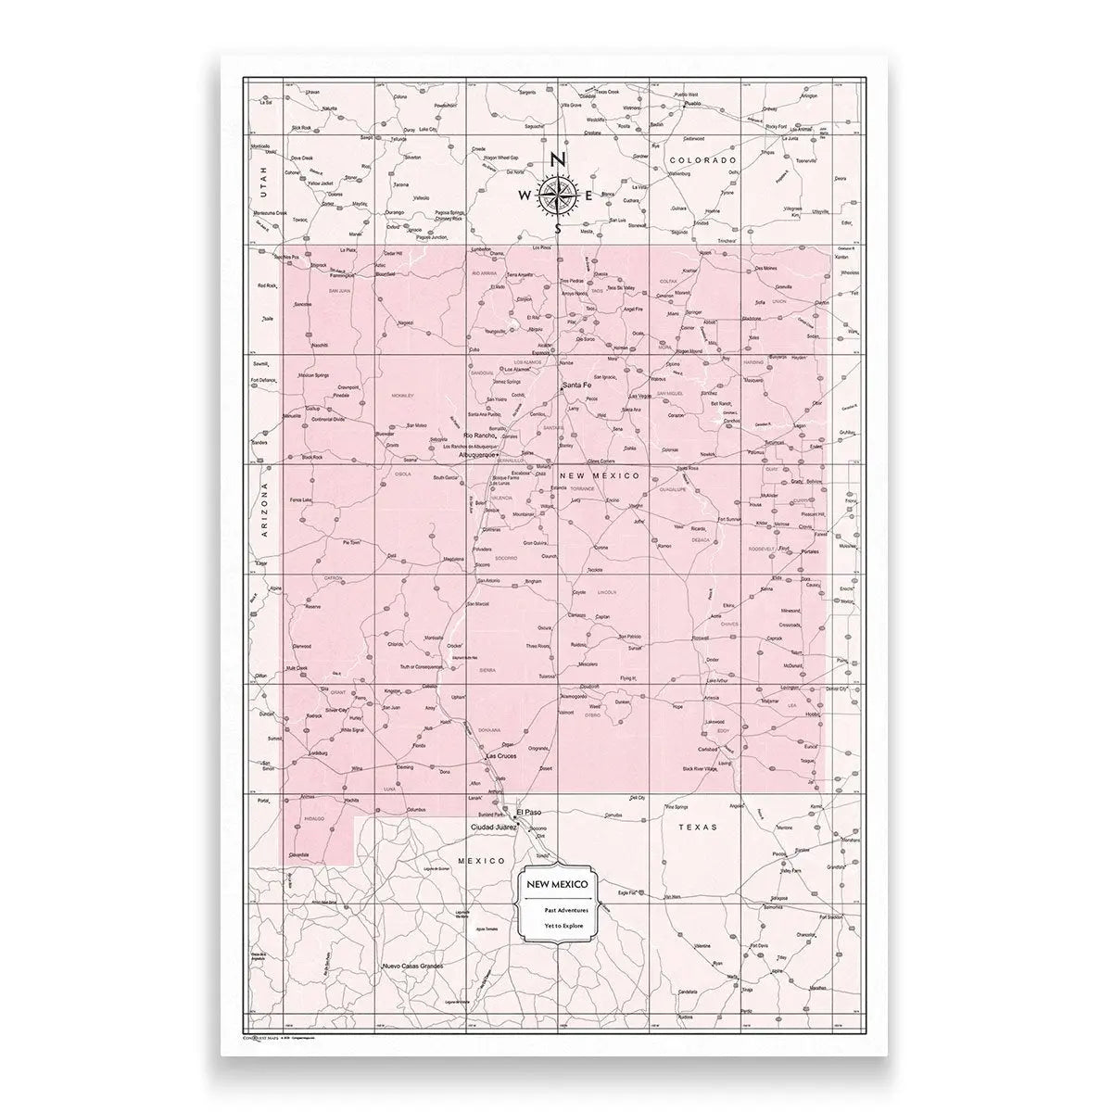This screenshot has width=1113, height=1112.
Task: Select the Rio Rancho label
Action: tap(481, 436)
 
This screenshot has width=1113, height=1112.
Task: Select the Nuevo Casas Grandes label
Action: tap(412, 967)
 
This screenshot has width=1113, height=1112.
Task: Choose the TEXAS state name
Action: tap(697, 826)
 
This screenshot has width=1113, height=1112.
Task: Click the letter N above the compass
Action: tap(558, 158)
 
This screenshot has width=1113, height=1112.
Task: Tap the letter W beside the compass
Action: tap(525, 196)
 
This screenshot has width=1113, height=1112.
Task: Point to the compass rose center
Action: tap(558, 194)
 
